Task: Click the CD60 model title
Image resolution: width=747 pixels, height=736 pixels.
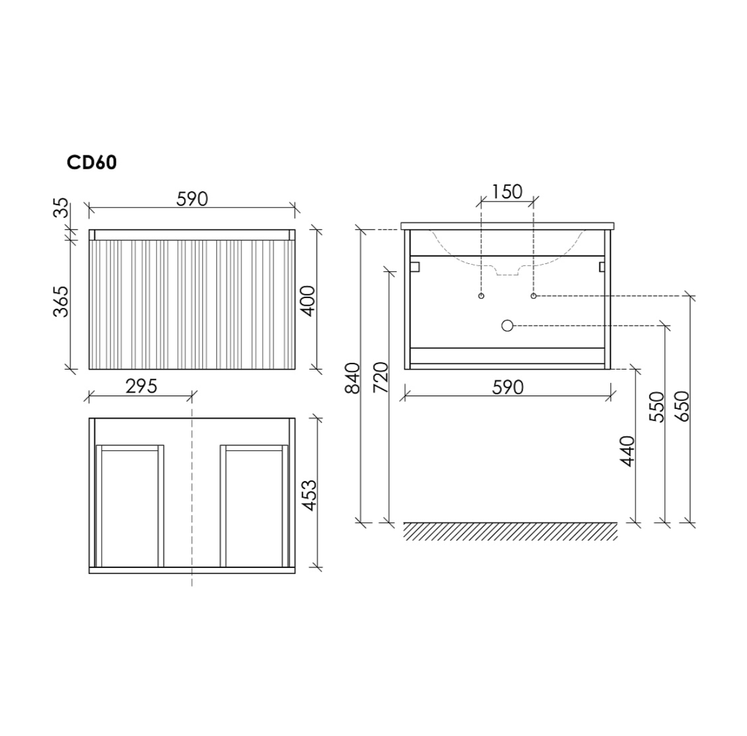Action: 92,163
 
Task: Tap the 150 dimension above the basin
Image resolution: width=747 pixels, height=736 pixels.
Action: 507,192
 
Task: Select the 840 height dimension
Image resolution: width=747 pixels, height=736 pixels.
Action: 353,377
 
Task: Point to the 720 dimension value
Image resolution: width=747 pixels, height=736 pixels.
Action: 381,377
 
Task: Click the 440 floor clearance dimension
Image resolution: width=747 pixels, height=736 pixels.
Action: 627,451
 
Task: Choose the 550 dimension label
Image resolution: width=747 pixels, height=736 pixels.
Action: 657,407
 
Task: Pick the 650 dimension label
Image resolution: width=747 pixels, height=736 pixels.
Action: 682,407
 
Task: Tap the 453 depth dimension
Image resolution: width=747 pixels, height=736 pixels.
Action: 310,496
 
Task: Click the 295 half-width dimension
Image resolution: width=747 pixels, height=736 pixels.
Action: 142,387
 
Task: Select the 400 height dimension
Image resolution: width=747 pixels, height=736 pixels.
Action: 308,301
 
